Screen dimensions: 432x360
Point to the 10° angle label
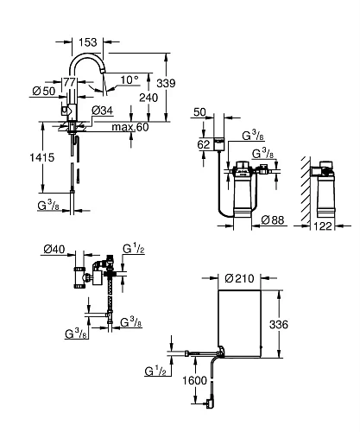point(128,79)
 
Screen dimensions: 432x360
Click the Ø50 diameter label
point(46,92)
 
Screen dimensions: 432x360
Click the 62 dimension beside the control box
point(204,144)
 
